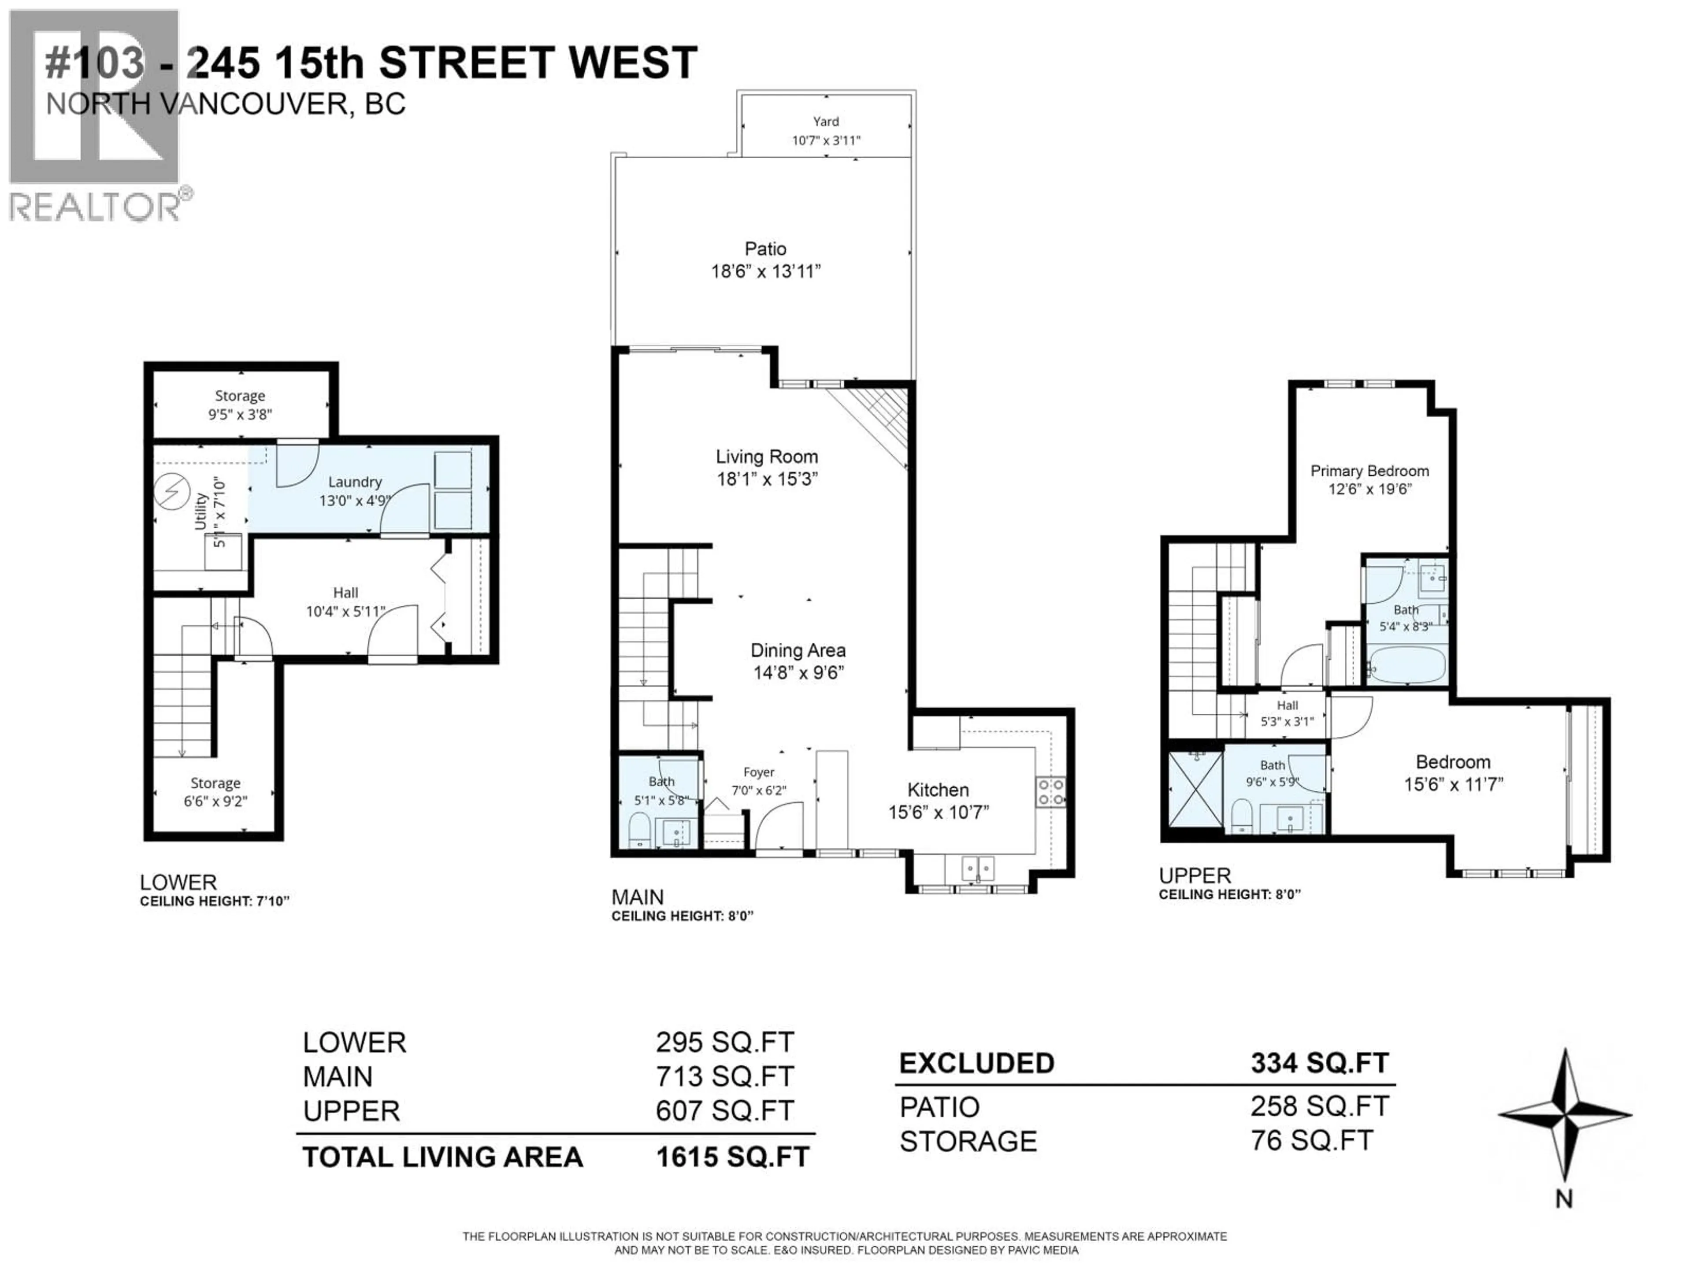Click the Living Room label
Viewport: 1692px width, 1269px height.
coord(766,456)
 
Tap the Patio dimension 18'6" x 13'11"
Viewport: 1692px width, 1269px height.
coord(766,271)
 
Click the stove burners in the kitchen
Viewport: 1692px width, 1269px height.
coord(1050,792)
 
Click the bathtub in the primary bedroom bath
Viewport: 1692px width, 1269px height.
coord(1406,665)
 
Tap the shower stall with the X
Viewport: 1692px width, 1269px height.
coord(1195,789)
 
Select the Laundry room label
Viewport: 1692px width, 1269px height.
coord(354,482)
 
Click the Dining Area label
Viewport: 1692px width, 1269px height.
coord(798,650)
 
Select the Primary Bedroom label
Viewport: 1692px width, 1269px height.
coord(1369,471)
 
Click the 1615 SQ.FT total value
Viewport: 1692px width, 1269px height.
coord(732,1157)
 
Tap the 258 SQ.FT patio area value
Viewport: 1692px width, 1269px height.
coord(1320,1106)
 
